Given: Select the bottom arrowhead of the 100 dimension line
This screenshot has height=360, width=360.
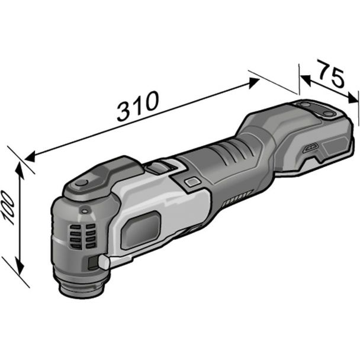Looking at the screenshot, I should [x=22, y=266].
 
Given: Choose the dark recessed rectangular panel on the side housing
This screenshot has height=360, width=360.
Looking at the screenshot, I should [x=140, y=231].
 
